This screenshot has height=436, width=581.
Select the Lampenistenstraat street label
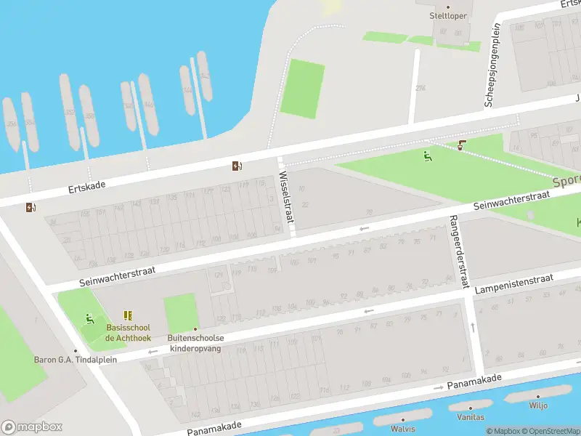tap(513, 284)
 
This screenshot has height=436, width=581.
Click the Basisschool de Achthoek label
tap(128, 332)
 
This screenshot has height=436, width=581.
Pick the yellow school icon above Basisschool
tap(128, 315)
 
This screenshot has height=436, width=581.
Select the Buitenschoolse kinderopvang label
tap(196, 343)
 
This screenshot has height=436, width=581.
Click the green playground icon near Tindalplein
tap(89, 318)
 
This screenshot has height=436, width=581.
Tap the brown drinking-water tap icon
tap(463, 145)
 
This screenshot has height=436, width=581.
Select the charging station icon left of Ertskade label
tap(30, 208)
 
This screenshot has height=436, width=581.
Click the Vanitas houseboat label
tap(471, 417)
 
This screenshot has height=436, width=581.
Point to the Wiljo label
tap(538, 405)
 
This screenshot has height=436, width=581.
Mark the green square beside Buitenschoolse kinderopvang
tap(181, 312)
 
